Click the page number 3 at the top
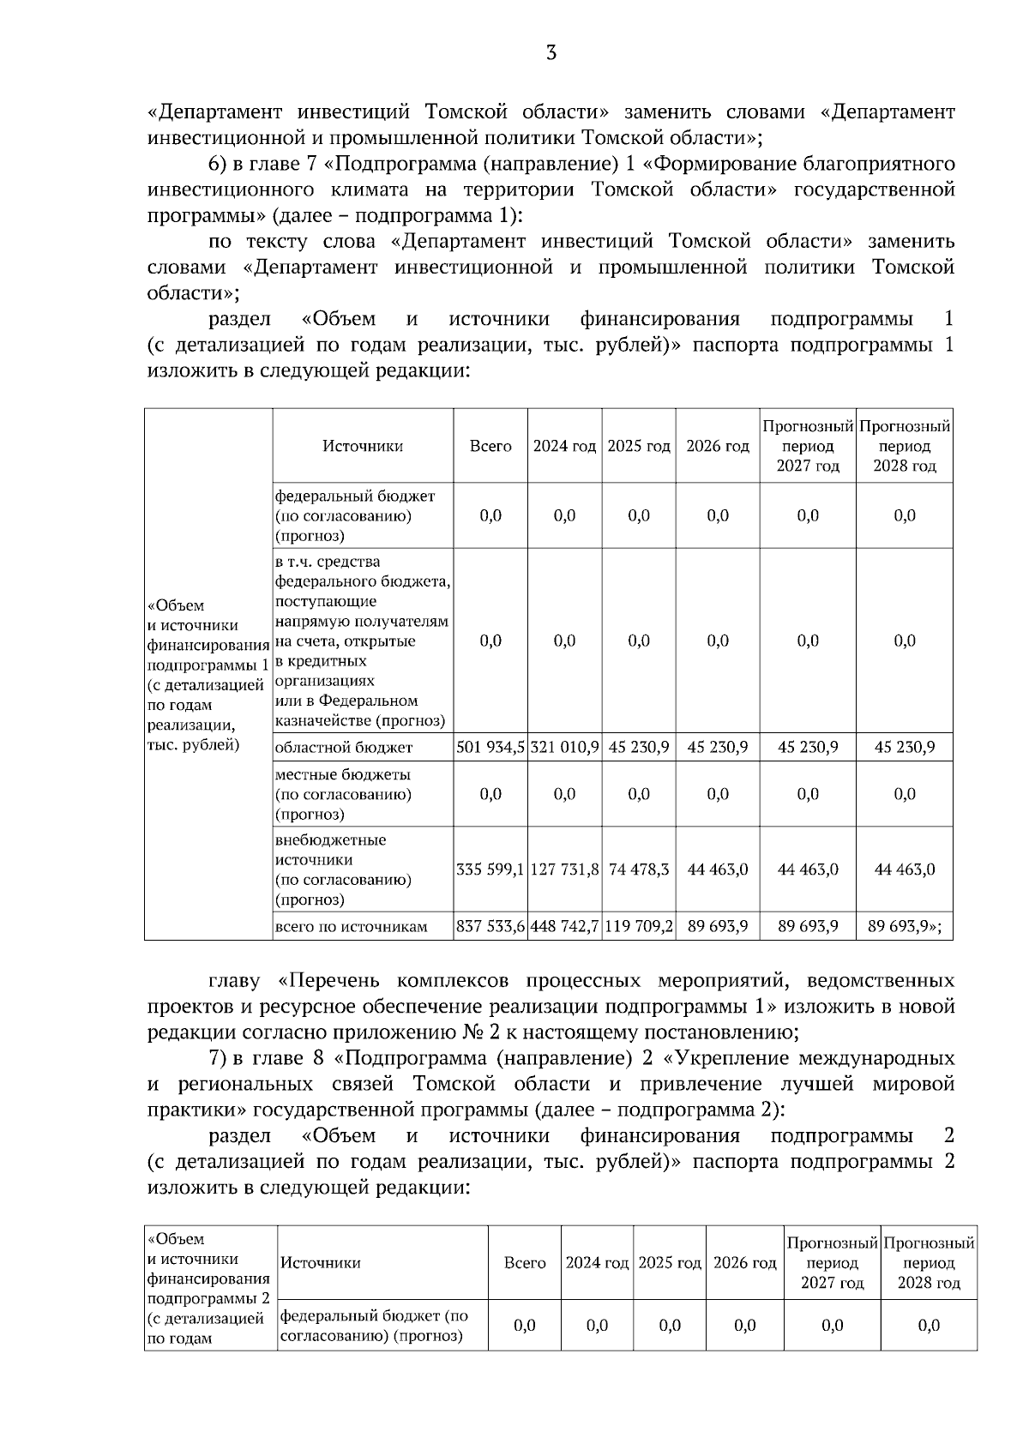pos(551,54)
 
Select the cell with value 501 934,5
pos(490,747)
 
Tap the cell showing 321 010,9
pos(564,747)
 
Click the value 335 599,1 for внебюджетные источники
pos(490,869)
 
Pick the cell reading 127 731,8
pos(564,869)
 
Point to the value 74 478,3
pos(639,869)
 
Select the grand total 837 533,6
pos(490,926)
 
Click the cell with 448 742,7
pos(564,926)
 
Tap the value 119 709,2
pos(639,926)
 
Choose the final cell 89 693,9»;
pos(905,926)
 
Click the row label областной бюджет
pos(344,748)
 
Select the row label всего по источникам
pos(351,927)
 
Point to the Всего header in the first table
pos(490,446)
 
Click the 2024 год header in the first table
pos(564,446)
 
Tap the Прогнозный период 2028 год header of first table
pos(905,446)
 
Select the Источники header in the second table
pos(321,1262)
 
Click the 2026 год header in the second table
pos(744,1262)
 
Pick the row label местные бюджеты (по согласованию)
pos(343,794)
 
